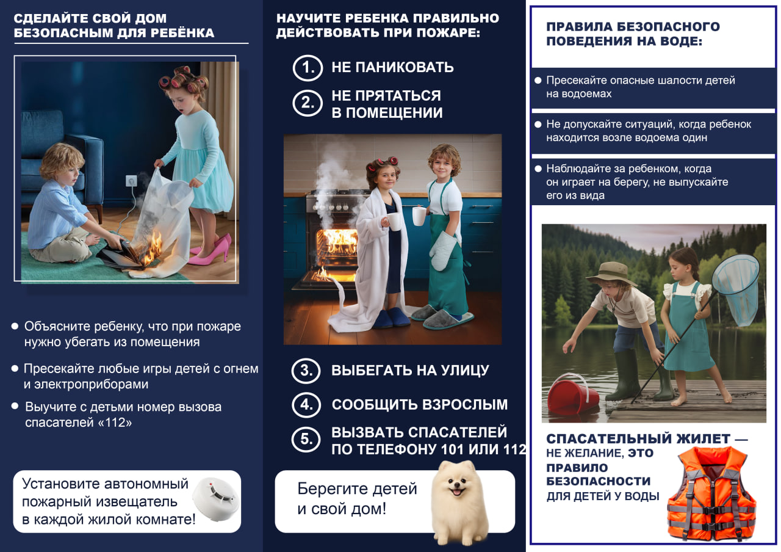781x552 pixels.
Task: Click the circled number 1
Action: pyautogui.click(x=307, y=67)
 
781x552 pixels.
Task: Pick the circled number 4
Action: pyautogui.click(x=306, y=404)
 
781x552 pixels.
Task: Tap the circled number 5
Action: pyautogui.click(x=306, y=440)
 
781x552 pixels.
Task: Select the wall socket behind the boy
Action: pyautogui.click(x=131, y=181)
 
